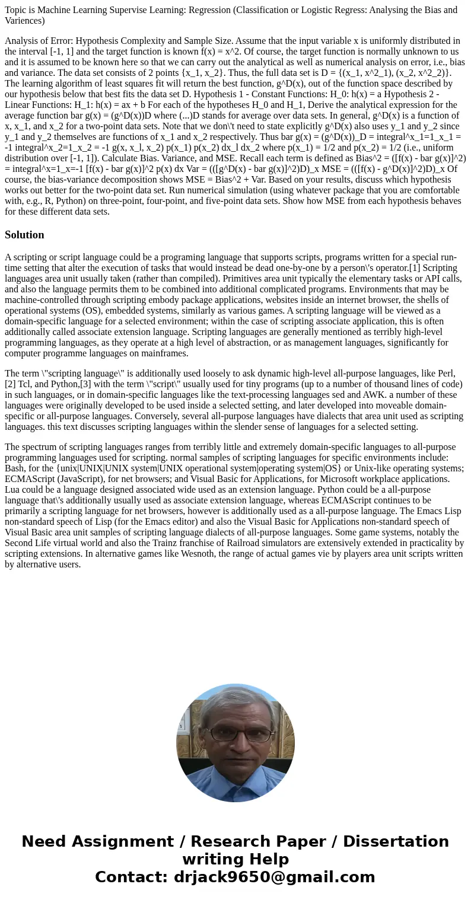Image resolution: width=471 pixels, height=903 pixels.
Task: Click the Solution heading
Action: pos(24,235)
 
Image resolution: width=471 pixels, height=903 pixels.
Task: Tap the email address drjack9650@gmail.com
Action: pos(274,877)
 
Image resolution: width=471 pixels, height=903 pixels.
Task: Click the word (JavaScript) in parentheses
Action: pos(80,478)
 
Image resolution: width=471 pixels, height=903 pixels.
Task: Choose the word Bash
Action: pos(15,468)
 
